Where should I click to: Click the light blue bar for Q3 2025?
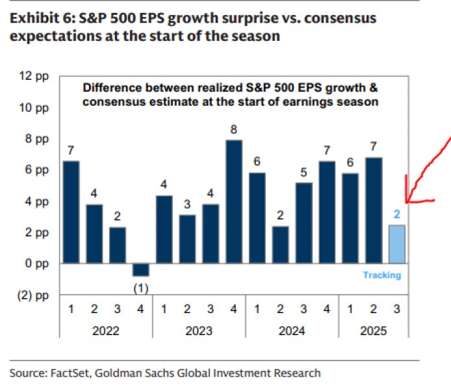point(396,244)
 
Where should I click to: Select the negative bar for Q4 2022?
point(141,270)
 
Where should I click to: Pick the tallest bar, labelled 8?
point(234,201)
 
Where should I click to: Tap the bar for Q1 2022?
point(71,212)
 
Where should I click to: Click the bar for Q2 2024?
point(280,245)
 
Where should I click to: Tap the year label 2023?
point(199,331)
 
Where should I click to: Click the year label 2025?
point(372,331)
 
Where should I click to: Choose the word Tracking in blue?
point(382,275)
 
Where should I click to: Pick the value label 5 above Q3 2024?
point(303,173)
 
